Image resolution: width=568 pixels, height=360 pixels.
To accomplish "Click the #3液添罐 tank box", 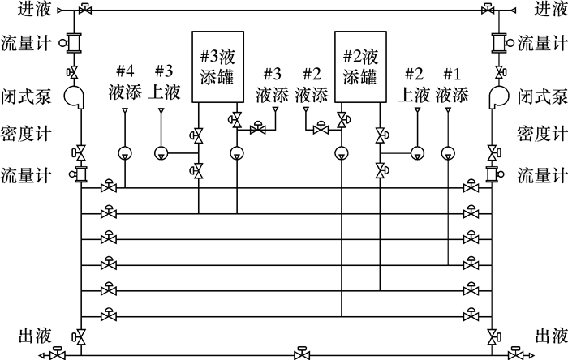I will point(217,67).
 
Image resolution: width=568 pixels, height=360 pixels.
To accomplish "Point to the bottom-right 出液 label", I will point(549,335).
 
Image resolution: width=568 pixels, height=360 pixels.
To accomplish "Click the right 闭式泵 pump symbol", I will point(497,96).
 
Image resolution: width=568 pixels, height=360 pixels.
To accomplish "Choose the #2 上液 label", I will point(414,84).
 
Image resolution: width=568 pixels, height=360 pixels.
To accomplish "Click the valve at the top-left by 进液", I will point(84,9).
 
